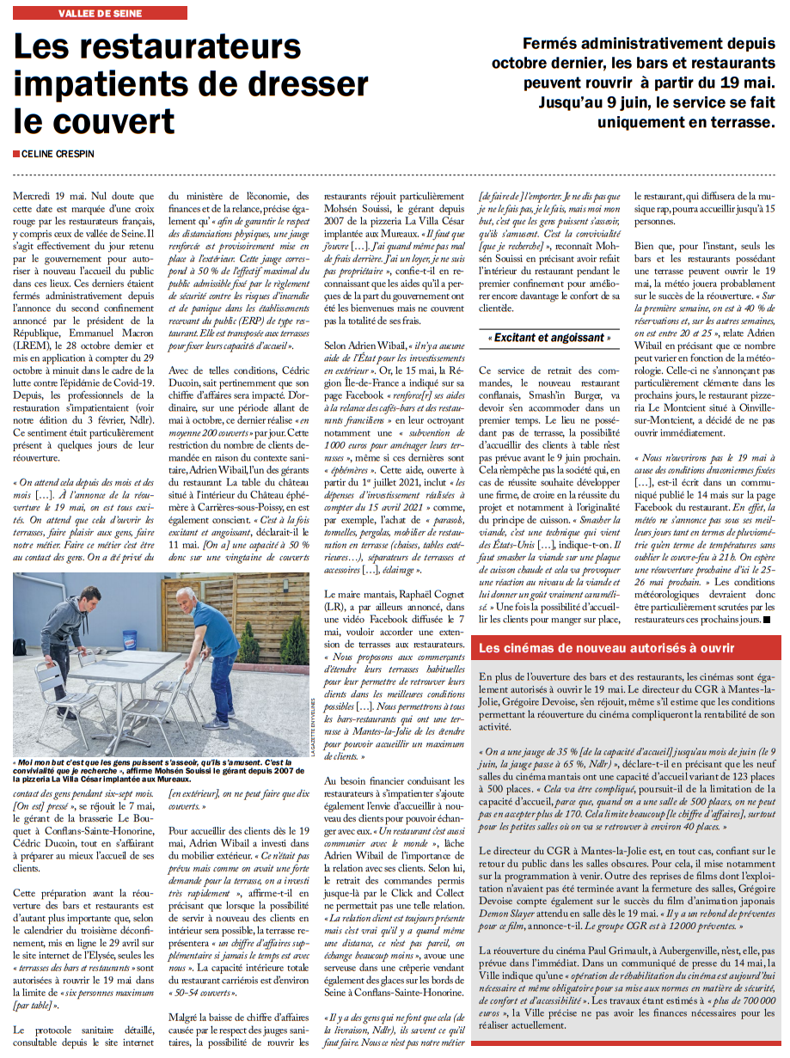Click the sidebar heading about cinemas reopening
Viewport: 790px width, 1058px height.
click(x=606, y=647)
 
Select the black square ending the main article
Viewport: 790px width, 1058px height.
click(x=768, y=618)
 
